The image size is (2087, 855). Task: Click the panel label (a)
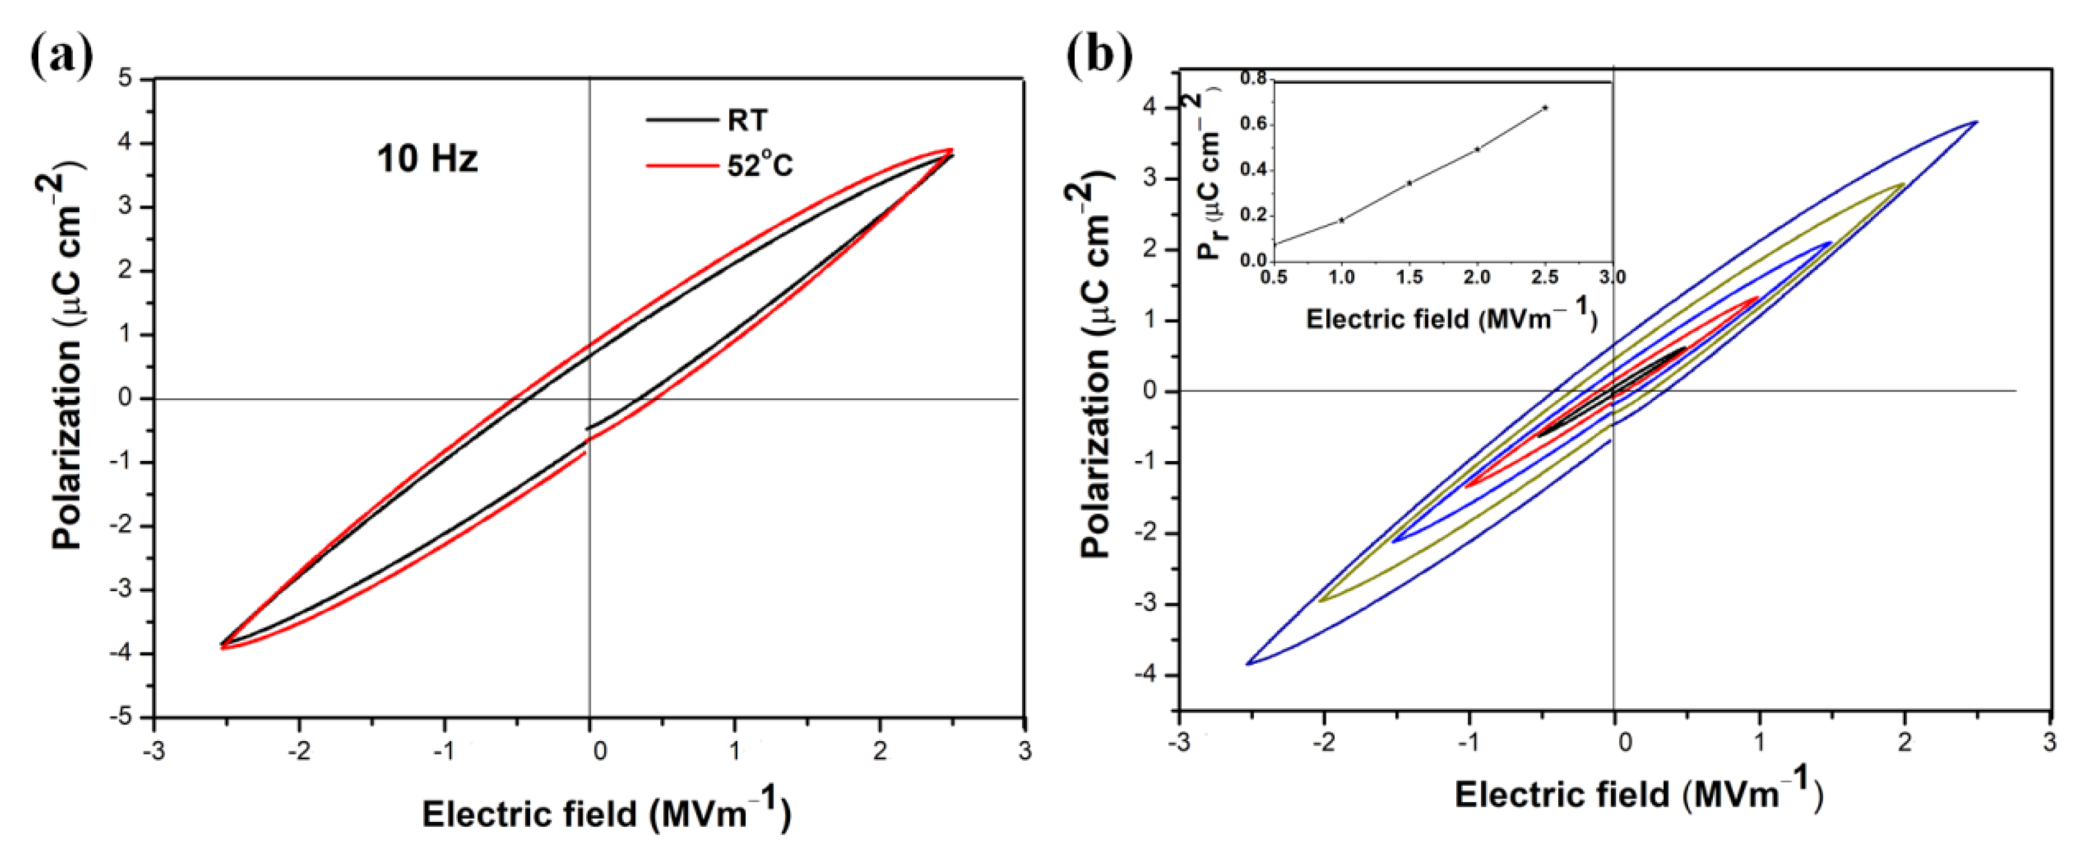61,55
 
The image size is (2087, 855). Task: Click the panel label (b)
1099,55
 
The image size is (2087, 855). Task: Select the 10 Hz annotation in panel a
427,158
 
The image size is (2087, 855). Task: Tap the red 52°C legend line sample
681,166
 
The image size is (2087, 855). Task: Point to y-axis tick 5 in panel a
125,78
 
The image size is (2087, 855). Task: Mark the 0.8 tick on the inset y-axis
1253,78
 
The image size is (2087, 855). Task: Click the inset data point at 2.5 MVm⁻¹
1545,108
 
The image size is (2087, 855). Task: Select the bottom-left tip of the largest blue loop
1249,664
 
